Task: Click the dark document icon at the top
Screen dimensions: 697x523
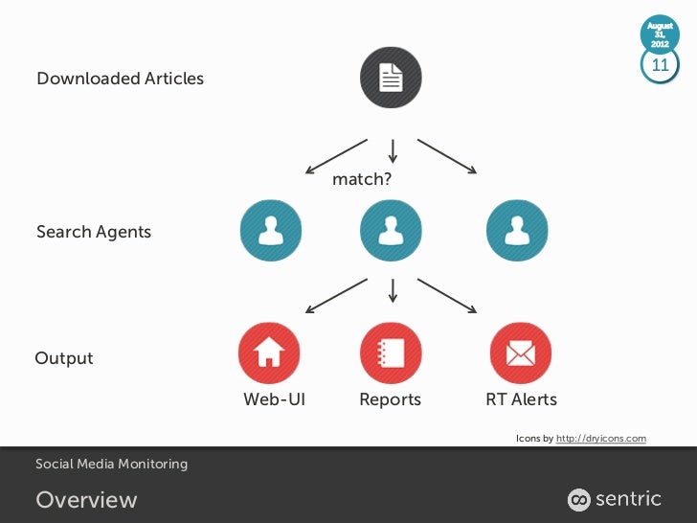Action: tap(391, 78)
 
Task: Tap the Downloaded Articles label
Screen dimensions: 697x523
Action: tap(120, 79)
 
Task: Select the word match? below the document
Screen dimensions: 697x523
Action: tap(362, 179)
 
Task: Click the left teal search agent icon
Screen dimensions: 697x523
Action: tap(269, 231)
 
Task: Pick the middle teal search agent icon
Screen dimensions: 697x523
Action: tap(391, 231)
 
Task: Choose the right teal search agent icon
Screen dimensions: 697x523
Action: tap(518, 231)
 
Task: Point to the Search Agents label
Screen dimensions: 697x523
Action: tap(94, 232)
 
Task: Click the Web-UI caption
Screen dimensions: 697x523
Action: tap(274, 399)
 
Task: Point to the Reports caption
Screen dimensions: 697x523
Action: tap(390, 399)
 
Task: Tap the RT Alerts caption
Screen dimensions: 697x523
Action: tap(521, 399)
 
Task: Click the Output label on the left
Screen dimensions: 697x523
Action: tap(64, 358)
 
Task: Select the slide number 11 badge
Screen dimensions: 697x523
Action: tap(660, 65)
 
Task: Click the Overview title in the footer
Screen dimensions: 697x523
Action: tap(86, 500)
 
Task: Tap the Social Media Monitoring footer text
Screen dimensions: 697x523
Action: tap(111, 465)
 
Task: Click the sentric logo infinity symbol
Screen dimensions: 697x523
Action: tap(579, 499)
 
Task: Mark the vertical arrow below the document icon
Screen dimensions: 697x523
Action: tap(393, 149)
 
